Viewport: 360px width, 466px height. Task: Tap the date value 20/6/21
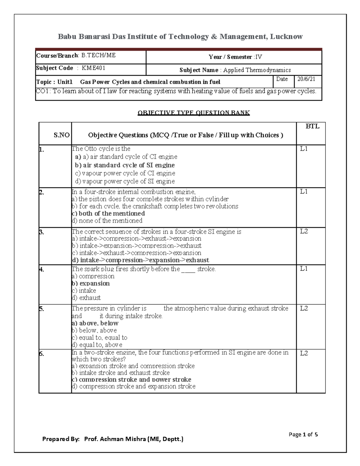tap(306, 79)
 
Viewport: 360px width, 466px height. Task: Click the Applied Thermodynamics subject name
tap(257, 70)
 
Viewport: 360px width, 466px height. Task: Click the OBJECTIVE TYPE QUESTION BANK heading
tap(193, 113)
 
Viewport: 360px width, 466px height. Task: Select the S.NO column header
tap(61, 135)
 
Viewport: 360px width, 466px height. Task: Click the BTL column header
tap(312, 126)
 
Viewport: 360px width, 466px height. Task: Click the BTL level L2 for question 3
tap(304, 231)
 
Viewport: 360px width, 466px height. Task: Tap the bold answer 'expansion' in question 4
tap(94, 284)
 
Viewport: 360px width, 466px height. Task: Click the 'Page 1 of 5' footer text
tap(303, 434)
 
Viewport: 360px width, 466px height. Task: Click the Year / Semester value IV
tap(258, 57)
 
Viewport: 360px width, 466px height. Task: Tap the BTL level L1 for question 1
tap(304, 149)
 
